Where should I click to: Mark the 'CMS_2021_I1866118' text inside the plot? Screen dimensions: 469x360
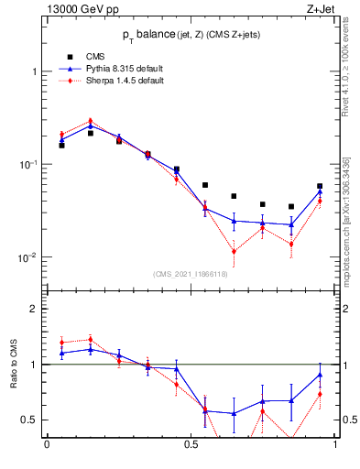191,274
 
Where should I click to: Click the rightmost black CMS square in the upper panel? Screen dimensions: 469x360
320,186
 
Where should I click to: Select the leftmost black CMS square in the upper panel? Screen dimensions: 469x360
61,145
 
